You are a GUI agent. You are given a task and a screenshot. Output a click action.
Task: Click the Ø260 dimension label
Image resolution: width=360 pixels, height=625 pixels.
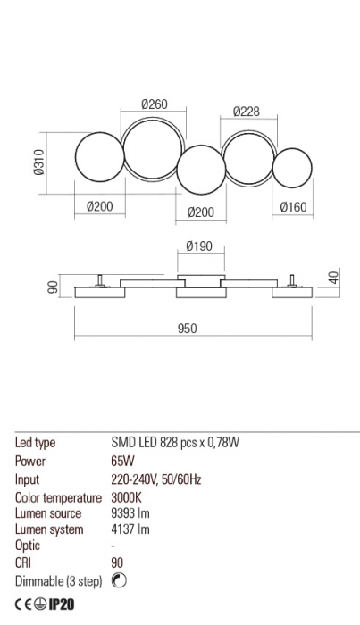coord(155,105)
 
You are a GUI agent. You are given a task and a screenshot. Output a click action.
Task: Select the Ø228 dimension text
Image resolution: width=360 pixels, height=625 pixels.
coord(246,112)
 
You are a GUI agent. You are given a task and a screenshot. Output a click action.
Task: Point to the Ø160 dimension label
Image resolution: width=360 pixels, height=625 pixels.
coord(294,207)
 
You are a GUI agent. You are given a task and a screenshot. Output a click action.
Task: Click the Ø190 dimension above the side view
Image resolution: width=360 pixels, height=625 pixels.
coord(199,247)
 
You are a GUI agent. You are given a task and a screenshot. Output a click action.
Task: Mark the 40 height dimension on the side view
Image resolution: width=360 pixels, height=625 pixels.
coord(333,278)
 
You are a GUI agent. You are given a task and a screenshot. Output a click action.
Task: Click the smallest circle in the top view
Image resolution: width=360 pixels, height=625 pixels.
coord(293,169)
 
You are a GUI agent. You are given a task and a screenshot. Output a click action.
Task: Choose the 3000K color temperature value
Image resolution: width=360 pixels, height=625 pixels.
coord(127,496)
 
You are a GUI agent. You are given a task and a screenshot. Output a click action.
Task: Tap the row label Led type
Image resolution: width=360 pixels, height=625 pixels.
coord(37,443)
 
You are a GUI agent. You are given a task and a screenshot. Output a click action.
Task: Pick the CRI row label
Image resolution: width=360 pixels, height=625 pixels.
coord(24,563)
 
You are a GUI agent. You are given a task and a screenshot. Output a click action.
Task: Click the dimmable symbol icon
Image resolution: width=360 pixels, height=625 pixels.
coord(121,581)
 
